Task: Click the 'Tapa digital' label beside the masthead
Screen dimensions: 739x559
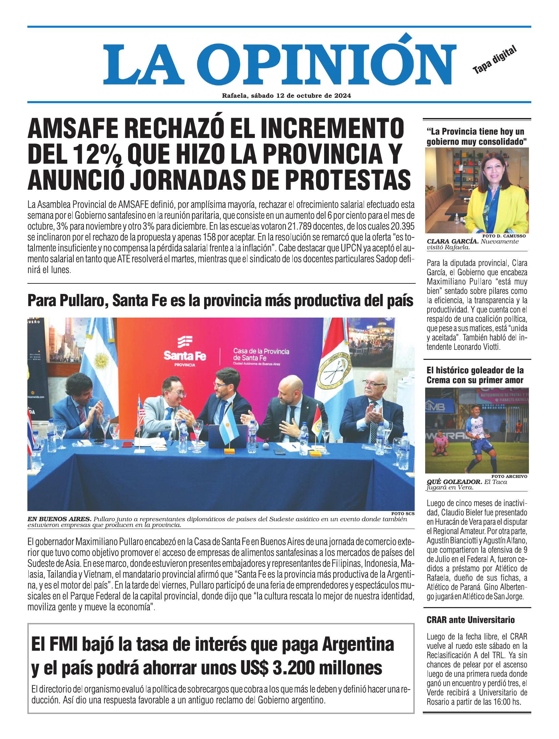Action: pos(495,60)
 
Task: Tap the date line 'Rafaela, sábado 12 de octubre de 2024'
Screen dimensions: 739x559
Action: pos(286,96)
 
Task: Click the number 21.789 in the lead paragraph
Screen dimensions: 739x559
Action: pos(305,227)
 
